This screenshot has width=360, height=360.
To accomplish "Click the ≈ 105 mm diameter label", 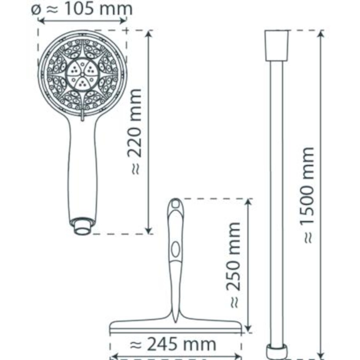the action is [82, 9].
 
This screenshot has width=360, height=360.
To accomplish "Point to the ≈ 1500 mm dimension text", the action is [307, 195].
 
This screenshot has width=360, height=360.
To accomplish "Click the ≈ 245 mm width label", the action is [173, 344].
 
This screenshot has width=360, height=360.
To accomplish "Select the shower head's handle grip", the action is [83, 170].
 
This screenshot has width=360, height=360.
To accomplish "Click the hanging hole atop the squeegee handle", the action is [176, 204].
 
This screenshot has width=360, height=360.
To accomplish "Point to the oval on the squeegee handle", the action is [176, 249].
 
